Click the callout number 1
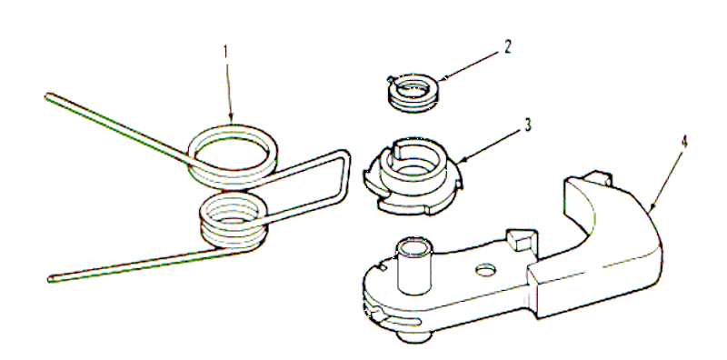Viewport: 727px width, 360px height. pos(226,52)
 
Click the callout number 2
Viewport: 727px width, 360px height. pos(508,47)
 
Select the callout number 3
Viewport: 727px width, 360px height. pos(528,125)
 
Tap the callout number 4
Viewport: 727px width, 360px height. pos(684,144)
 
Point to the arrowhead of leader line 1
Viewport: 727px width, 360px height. pos(232,121)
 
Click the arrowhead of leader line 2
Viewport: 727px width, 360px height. pos(441,80)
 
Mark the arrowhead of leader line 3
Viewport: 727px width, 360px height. pos(461,160)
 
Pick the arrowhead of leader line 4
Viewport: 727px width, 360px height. pos(650,207)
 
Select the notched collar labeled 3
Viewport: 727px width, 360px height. pos(412,175)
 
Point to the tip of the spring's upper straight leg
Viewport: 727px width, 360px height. pos(47,97)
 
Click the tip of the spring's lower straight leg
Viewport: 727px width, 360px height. pos(51,279)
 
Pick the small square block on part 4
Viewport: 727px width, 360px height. pos(521,239)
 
